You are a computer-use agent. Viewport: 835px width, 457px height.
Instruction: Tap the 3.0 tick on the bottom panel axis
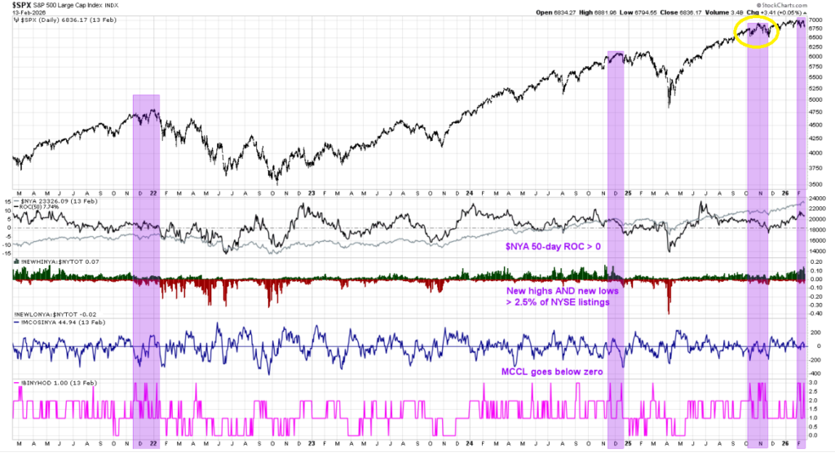tap(815, 382)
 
